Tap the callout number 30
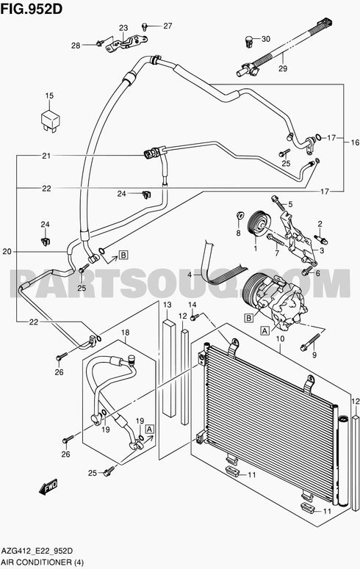265,38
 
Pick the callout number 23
123,27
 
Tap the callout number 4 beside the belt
189,275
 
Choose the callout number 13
167,305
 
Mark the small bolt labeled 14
194,316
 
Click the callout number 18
124,332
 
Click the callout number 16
354,142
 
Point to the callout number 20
7,252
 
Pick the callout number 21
46,156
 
